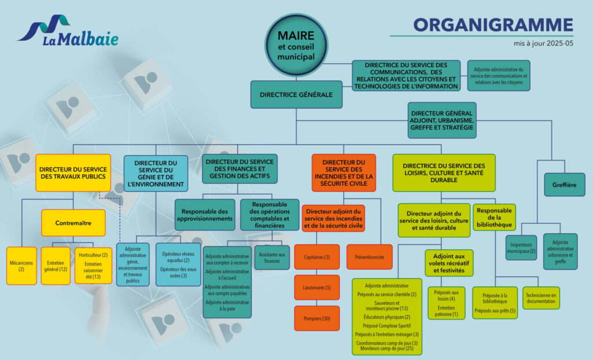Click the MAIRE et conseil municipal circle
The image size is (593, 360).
pos(296,45)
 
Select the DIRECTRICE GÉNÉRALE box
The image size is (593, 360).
pos(296,94)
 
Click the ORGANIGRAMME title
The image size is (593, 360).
pos(493,24)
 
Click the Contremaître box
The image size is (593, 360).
pos(73,223)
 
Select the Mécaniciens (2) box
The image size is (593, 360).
pos(21,266)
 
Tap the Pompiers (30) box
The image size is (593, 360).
pos(317,318)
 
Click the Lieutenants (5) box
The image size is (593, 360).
pos(317,288)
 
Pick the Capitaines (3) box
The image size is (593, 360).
pos(317,257)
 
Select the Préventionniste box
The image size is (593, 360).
pos(369,257)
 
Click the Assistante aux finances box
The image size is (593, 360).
pos(272,258)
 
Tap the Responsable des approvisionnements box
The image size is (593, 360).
pos(204,215)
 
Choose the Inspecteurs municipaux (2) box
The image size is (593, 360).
pos(521,247)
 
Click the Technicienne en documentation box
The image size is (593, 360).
pos(541,298)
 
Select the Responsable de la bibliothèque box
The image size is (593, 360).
pos(494,216)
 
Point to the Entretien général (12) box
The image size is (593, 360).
pos(56,266)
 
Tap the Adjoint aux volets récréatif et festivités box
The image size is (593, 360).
pos(449,263)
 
